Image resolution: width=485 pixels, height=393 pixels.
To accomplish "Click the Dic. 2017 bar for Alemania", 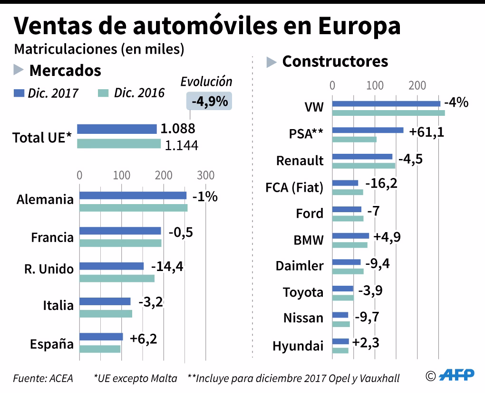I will [x=133, y=195].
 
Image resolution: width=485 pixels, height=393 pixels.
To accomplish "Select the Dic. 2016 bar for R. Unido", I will [x=116, y=278].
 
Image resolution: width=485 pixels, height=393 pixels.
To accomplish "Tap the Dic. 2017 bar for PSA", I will [x=368, y=130].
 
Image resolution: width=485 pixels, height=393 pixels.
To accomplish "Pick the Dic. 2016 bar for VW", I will [x=388, y=113].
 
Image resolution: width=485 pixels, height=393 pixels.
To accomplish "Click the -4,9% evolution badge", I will [x=209, y=101].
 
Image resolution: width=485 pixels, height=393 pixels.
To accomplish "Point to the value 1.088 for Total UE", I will [x=178, y=129].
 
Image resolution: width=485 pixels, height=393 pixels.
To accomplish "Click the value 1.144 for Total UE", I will [x=181, y=145].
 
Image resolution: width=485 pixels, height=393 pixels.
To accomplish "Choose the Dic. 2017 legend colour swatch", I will [x=19, y=93].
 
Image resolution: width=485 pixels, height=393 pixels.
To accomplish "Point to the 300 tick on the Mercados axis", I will [x=206, y=175].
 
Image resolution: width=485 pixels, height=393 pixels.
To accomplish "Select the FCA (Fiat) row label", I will [x=294, y=187].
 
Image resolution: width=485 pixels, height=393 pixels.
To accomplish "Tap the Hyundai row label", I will [x=298, y=346].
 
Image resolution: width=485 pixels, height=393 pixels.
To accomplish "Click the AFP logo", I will [x=456, y=375].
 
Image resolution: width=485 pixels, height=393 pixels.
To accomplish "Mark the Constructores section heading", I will [x=335, y=61].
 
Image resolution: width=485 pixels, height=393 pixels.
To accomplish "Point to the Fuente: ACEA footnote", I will [x=43, y=378].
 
